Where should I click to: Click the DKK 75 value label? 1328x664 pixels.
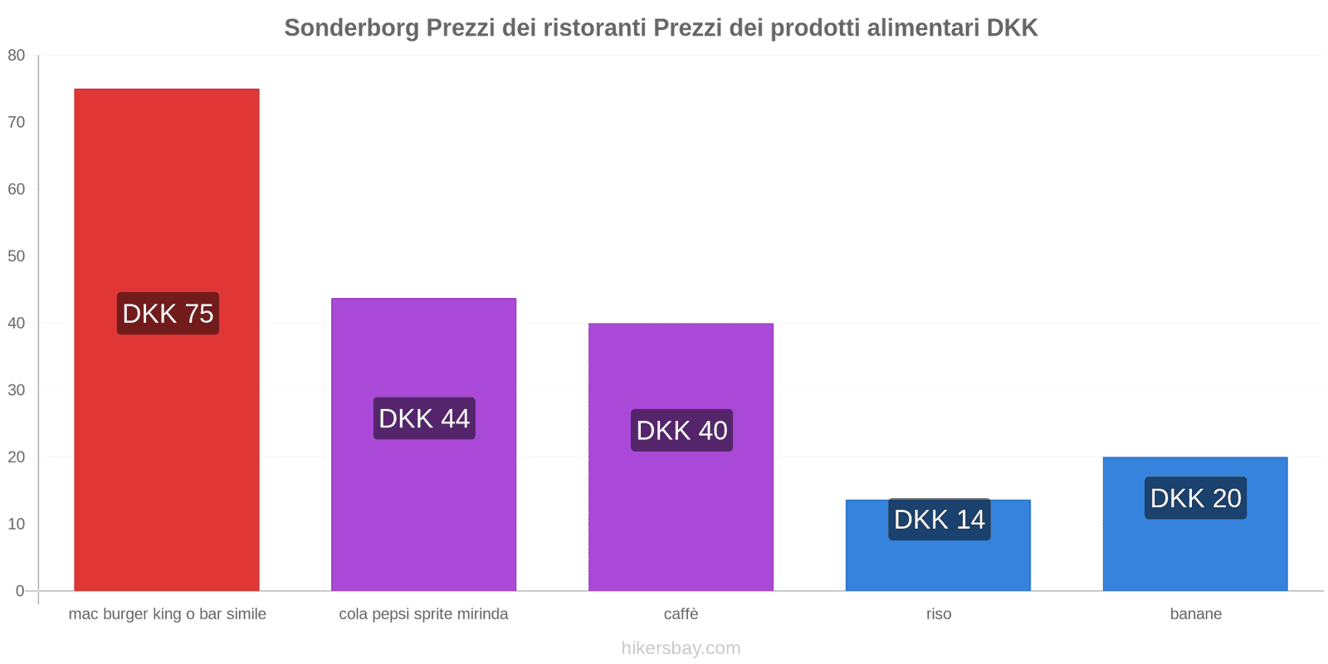[x=168, y=314]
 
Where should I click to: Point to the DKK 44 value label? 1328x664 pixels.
[x=424, y=418]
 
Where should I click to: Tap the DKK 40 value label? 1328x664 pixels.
[x=681, y=431]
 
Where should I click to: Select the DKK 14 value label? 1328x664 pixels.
[x=939, y=520]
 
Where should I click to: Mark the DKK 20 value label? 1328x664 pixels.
[x=1195, y=498]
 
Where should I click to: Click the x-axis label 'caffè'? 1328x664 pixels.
[x=681, y=614]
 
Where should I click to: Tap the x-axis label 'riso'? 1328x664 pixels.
[x=939, y=614]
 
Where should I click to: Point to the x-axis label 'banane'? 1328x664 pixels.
[x=1195, y=614]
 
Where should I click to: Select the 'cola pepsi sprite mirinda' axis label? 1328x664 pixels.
[x=423, y=614]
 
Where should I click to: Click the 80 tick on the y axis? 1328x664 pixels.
[x=17, y=56]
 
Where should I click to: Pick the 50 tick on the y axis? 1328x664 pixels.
[x=17, y=256]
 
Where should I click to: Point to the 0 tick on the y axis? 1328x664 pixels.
[x=20, y=591]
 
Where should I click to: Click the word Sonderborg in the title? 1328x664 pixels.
[x=352, y=28]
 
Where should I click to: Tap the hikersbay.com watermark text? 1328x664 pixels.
[x=681, y=648]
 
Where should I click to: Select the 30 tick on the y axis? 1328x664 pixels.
[x=17, y=390]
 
